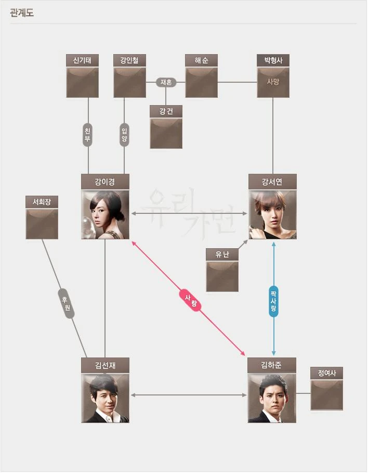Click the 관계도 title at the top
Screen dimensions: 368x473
(x=22, y=13)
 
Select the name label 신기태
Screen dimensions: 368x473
(x=82, y=60)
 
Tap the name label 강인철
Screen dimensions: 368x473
(x=129, y=60)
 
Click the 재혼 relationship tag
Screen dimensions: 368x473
(x=167, y=82)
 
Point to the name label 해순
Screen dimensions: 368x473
(x=201, y=60)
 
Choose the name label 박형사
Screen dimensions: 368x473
(x=273, y=60)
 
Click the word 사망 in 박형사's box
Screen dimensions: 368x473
(x=273, y=81)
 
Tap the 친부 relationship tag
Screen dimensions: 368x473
(x=88, y=134)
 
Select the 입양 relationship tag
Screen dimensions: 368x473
(x=124, y=134)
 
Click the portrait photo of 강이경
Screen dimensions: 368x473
(x=105, y=214)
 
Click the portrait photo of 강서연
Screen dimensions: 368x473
(x=272, y=214)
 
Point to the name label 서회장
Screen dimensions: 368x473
(x=42, y=202)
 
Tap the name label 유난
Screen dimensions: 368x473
(x=222, y=254)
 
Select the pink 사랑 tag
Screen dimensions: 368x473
(x=191, y=301)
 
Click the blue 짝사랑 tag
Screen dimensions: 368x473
(x=273, y=301)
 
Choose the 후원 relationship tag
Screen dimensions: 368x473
(x=66, y=303)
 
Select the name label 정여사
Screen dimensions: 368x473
(x=326, y=373)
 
